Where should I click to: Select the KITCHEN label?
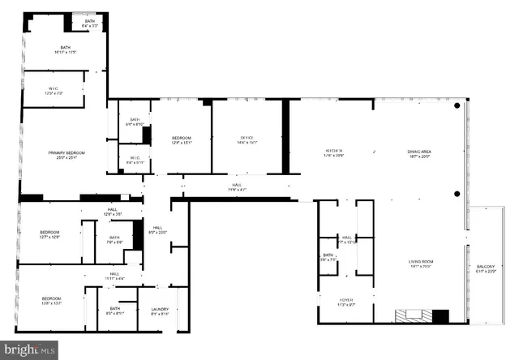334,151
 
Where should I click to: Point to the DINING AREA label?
418,151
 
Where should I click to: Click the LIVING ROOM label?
421,261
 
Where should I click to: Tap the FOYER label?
345,299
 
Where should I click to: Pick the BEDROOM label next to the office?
181,139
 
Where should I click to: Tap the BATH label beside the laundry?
114,308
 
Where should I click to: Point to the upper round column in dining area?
457,106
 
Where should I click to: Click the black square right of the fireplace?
440,316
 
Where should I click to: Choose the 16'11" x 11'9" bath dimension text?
66,53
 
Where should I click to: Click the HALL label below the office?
237,185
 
